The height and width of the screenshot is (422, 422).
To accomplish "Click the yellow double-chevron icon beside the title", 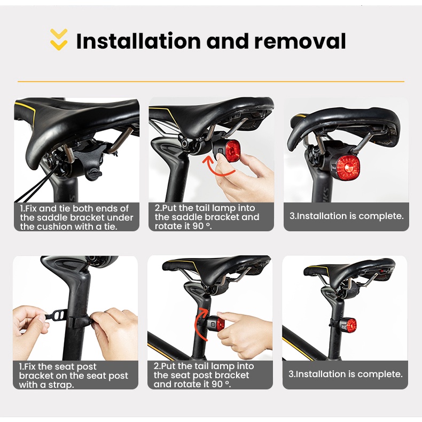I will [x=59, y=40].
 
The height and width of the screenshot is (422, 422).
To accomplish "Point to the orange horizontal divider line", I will [x=211, y=82].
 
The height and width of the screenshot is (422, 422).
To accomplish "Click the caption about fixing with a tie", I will [x=76, y=217].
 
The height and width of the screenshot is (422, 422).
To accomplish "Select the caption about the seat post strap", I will [x=75, y=376].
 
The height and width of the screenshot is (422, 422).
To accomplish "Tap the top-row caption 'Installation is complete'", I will [x=346, y=216].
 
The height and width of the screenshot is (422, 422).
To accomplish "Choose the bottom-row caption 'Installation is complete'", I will [x=345, y=374].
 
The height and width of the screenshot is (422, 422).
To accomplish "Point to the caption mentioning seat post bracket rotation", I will [x=204, y=376].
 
